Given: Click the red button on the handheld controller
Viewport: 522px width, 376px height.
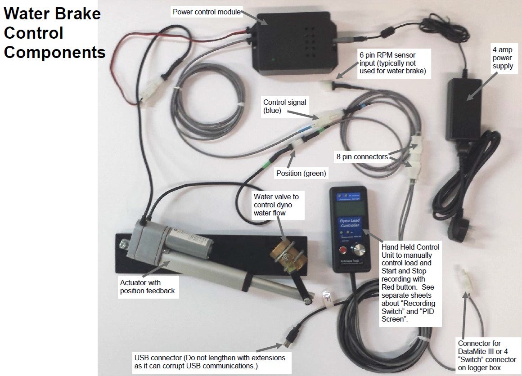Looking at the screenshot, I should (344, 250).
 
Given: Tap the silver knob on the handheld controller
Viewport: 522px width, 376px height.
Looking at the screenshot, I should (360, 251).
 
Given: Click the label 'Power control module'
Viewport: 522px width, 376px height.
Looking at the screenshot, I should (207, 12).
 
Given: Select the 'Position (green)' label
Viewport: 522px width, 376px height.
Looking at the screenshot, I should (301, 173).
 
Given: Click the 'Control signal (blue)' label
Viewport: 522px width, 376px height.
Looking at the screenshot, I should (284, 107).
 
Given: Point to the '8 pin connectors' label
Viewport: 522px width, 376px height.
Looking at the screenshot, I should (362, 157).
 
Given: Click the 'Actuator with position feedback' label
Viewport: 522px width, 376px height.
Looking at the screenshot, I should (147, 286).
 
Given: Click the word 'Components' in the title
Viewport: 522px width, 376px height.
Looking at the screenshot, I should (54, 52).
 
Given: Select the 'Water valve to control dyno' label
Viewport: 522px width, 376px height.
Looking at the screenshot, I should (275, 205).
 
